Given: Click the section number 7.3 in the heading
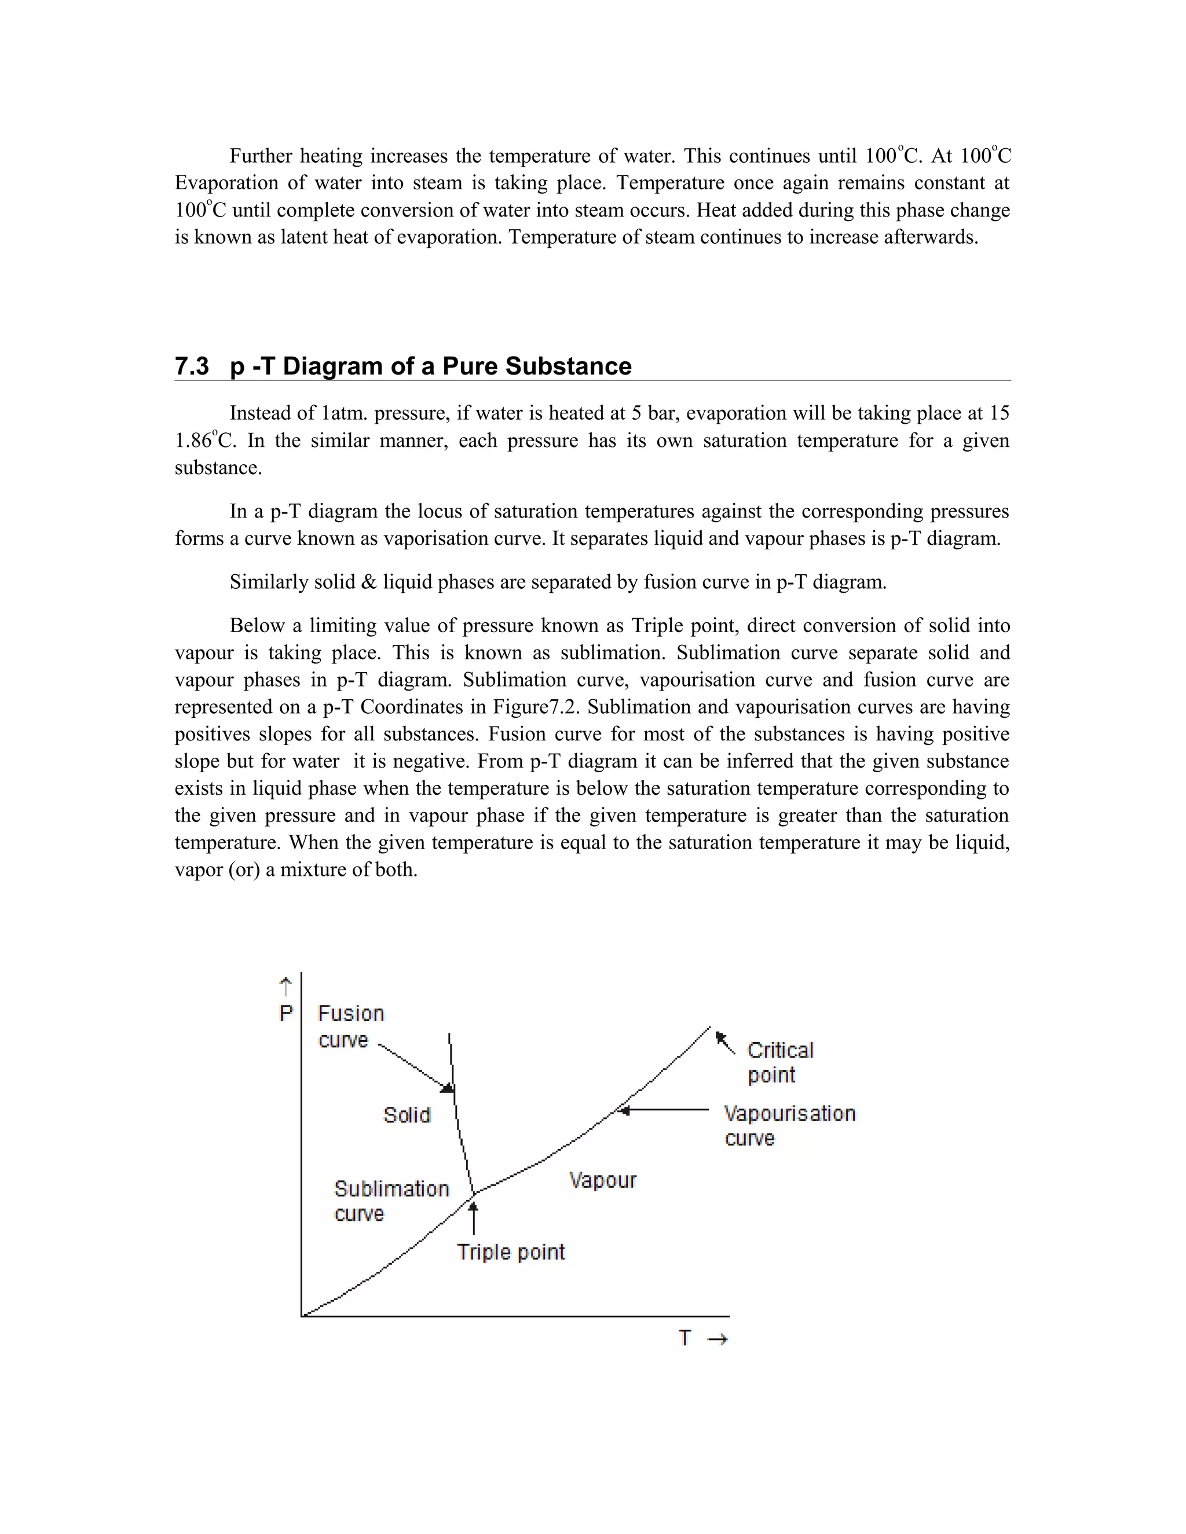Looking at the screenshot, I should pos(192,366).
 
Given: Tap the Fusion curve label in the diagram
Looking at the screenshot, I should pos(350,1026).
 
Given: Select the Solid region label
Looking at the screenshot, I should pos(407,1115).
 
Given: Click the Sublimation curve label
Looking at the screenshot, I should pos(391,1201).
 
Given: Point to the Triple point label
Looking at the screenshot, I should pos(511,1252).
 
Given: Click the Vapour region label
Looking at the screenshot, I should pos(603,1180).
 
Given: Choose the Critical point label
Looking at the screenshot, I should pos(780,1062).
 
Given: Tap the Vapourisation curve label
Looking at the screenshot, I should pos(789,1125).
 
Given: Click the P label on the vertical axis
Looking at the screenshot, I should pos(286,1014).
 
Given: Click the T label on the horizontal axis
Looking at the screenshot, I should pos(685,1338).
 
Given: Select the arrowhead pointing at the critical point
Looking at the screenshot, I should pos(720,1037).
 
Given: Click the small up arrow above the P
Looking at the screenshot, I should pos(285,987).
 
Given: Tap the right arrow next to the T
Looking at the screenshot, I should pos(717,1340).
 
